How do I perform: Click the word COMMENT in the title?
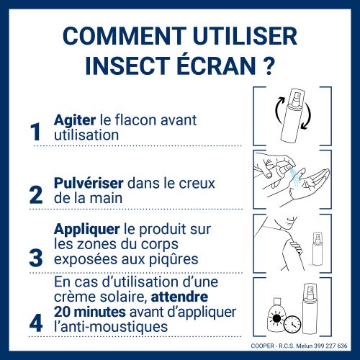124,36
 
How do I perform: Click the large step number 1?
36,132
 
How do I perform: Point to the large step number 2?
36,195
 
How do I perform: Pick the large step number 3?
36,258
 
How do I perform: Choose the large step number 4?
36,323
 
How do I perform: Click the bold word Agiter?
75,120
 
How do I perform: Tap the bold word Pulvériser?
89,183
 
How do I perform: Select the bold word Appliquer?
86,230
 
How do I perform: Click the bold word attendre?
179,297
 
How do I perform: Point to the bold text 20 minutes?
90,312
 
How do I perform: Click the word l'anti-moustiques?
111,327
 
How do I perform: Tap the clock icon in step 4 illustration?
292,324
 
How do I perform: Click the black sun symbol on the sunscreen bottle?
276,318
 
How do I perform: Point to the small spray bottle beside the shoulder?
317,248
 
